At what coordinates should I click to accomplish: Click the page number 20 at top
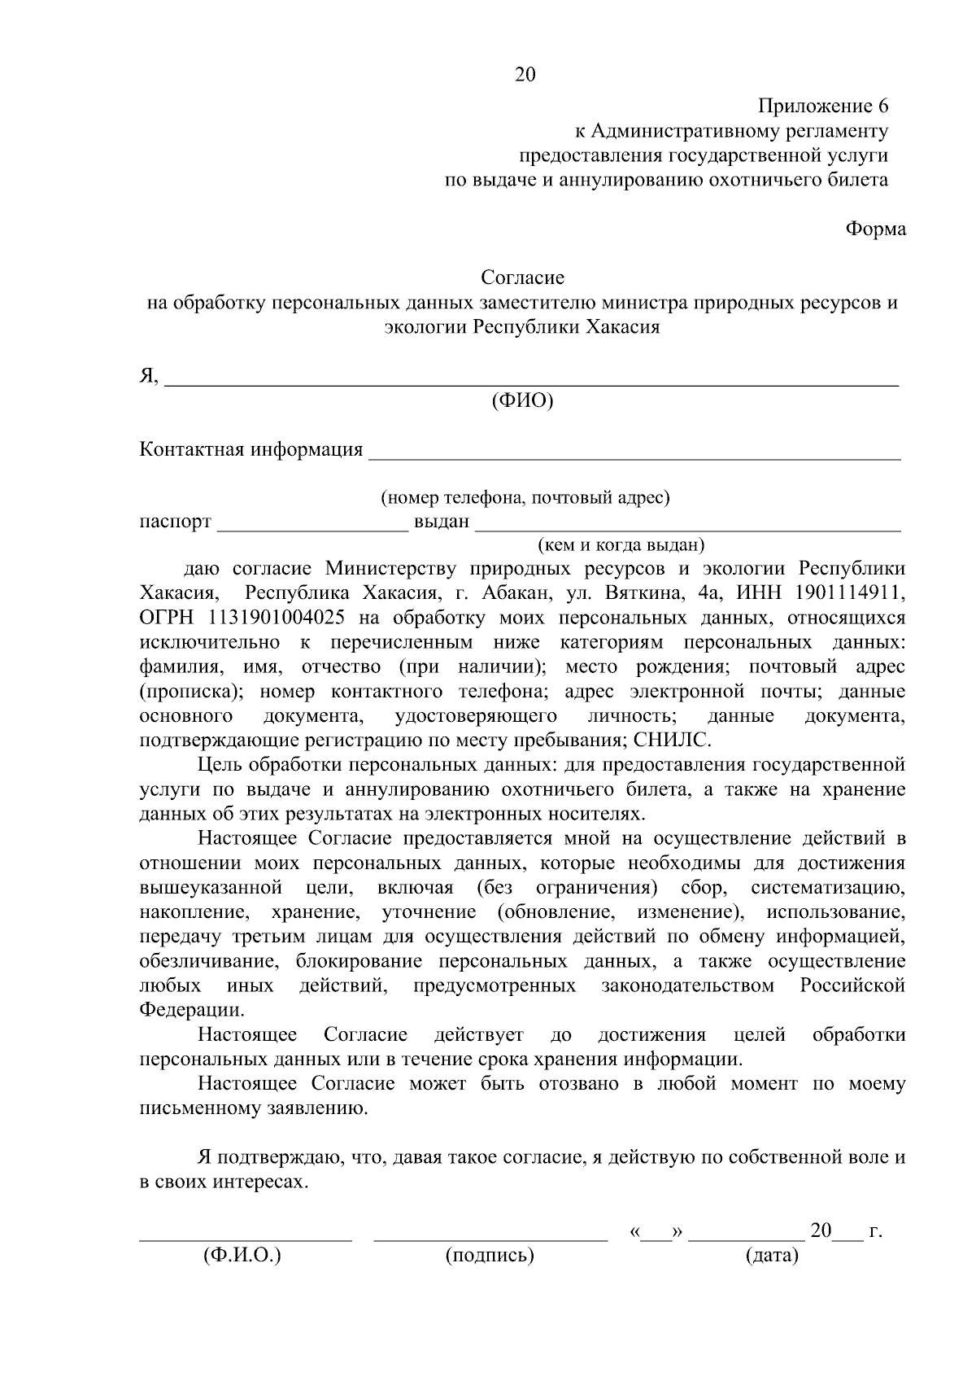coord(525,75)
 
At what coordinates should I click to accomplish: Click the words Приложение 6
coord(823,106)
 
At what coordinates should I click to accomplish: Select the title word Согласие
coord(522,278)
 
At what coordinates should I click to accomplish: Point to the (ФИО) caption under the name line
coord(522,401)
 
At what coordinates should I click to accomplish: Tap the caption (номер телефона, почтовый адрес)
coord(525,497)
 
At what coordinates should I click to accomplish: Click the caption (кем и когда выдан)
coord(621,544)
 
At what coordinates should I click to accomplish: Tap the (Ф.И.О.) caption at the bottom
coord(242,1256)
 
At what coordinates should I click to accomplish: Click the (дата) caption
coord(772,1256)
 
